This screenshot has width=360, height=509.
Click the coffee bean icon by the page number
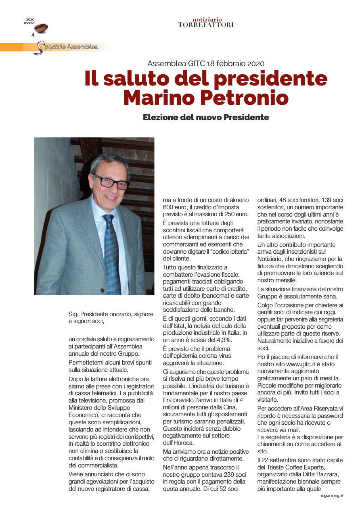coord(41,28)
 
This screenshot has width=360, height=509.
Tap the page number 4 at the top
coord(33,35)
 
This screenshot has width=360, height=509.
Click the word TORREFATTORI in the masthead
coord(206,25)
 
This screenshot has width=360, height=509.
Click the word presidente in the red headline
coord(270,78)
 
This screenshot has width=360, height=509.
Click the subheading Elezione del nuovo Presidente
coord(206,117)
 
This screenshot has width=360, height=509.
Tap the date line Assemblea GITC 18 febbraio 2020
coord(206,63)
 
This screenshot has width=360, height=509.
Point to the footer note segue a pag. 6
coord(329,495)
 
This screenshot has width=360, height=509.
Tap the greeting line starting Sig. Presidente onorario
coord(111,314)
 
